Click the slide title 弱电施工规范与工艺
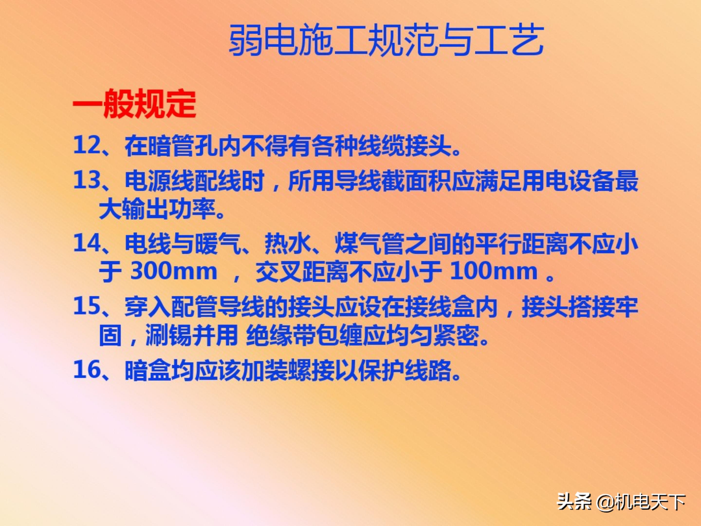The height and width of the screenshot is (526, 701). [386, 41]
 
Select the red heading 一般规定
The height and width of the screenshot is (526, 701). [134, 104]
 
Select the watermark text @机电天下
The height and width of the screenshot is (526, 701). [641, 503]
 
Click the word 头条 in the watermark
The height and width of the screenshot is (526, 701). [574, 503]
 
